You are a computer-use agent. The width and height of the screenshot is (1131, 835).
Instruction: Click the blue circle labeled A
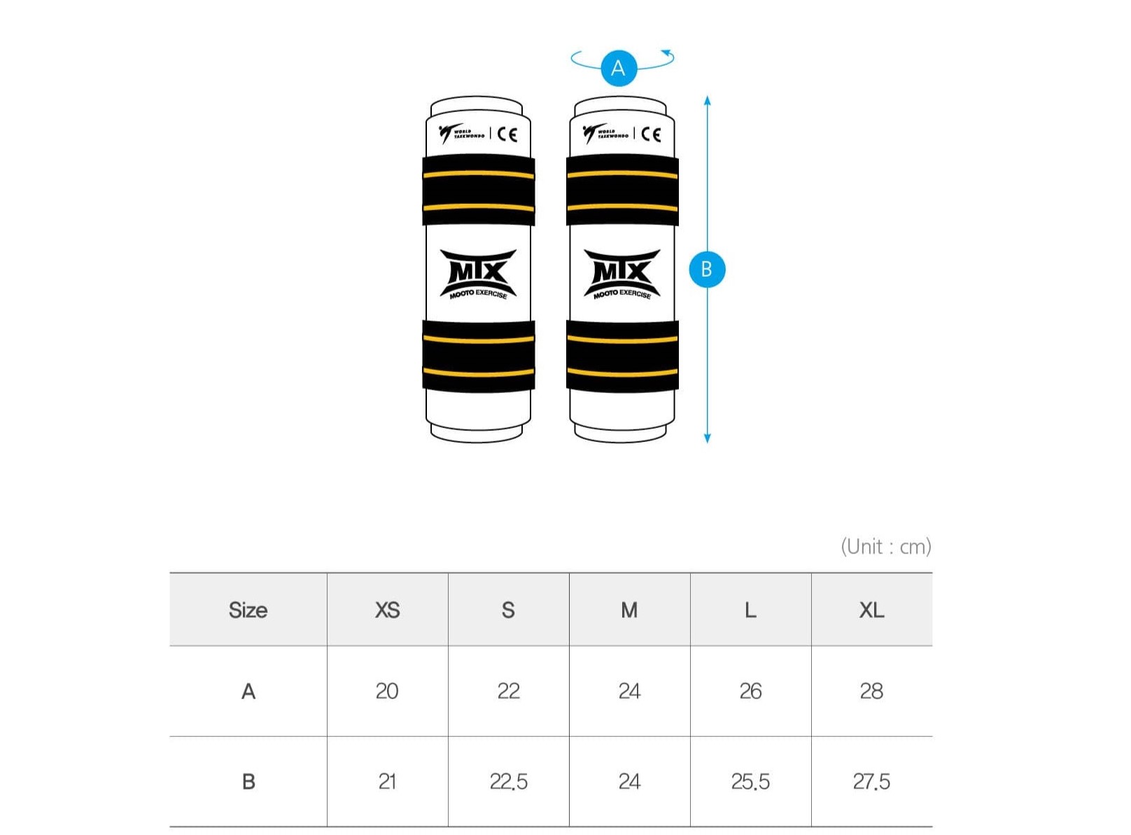click(619, 68)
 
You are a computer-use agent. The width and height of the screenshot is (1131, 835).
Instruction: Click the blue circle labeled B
click(707, 270)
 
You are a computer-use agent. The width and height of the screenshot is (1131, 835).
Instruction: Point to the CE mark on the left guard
click(507, 134)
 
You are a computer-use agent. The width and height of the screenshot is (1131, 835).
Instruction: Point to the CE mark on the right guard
click(652, 134)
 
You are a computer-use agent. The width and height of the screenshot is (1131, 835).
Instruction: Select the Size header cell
click(248, 610)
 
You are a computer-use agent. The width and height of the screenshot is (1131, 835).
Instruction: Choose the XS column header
click(387, 610)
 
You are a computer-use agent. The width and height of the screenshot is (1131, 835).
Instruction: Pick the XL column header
click(872, 610)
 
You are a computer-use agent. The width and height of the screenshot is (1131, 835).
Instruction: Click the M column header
click(630, 610)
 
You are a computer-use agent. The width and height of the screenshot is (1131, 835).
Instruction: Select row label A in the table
click(248, 691)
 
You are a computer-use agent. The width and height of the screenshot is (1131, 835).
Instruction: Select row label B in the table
click(248, 782)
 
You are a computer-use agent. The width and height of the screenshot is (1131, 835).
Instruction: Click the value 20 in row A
click(387, 691)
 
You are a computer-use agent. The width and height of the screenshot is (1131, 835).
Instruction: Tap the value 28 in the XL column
click(872, 691)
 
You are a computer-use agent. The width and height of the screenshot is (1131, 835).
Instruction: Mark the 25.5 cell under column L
click(751, 782)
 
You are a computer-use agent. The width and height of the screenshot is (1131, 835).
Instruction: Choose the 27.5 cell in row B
click(872, 782)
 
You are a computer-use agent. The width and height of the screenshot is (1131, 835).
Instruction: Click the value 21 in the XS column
click(387, 782)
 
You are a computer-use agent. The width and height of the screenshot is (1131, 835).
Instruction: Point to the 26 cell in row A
click(751, 691)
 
